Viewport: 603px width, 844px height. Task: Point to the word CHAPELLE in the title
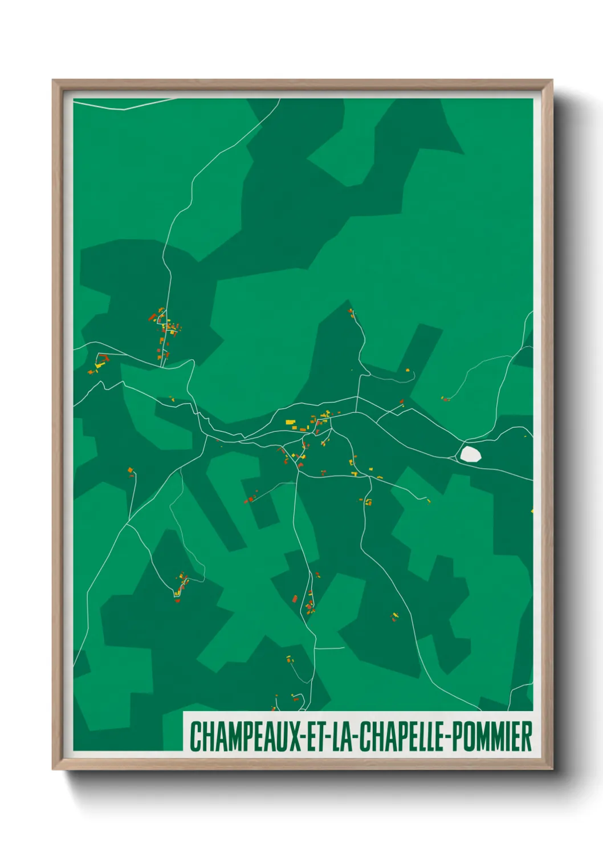coord(404,736)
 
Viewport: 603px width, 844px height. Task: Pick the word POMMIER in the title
coord(495,736)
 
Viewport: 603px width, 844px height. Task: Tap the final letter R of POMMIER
coord(527,736)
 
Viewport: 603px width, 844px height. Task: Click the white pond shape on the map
coord(470,454)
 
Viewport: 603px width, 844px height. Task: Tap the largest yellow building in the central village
coord(290,422)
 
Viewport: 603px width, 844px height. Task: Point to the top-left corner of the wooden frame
coord(53,80)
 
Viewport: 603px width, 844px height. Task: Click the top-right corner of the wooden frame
coord(552,80)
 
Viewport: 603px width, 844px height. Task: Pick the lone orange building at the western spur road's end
coord(131,470)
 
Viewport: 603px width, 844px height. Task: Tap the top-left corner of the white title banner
coord(184,712)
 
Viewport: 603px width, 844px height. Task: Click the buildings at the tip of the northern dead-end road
coord(351,312)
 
